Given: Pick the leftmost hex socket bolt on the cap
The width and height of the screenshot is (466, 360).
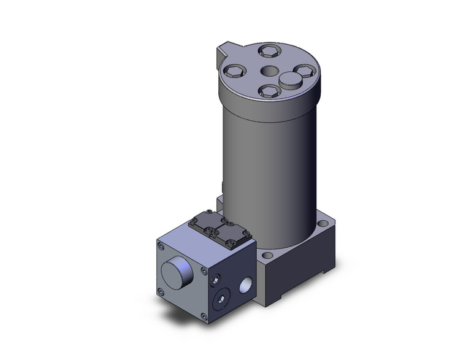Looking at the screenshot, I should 234,72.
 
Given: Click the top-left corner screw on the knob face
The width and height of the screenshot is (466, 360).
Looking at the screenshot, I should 161,247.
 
